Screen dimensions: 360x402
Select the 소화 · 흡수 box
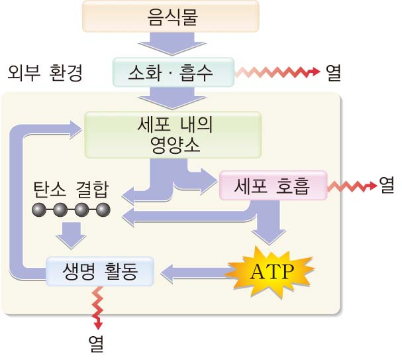(174, 71)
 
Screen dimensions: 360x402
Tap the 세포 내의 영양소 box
(172, 135)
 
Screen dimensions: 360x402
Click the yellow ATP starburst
(270, 269)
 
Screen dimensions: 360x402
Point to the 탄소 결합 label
(70, 190)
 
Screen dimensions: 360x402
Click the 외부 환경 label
(45, 72)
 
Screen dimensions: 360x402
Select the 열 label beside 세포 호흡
(386, 186)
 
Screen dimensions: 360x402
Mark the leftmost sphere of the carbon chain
(38, 211)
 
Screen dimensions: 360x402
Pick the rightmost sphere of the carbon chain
(102, 211)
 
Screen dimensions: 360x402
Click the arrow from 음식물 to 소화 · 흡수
(174, 44)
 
